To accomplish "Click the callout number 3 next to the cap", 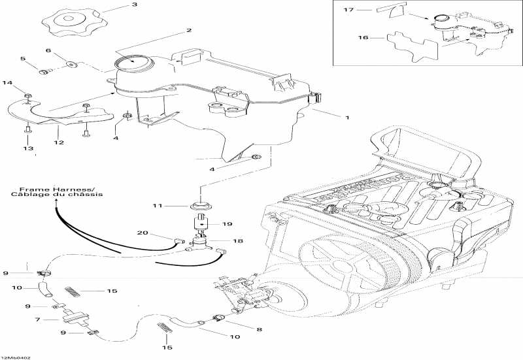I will pos(135,5).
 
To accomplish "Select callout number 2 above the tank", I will pos(189,30).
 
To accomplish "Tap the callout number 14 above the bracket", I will pos(8,82).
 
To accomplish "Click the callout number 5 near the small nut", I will pos(24,59).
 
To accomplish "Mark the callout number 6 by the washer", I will pos(48,50).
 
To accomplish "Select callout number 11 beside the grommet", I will pos(157,206).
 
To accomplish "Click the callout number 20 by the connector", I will pos(142,233).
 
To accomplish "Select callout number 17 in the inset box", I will pos(348,10).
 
